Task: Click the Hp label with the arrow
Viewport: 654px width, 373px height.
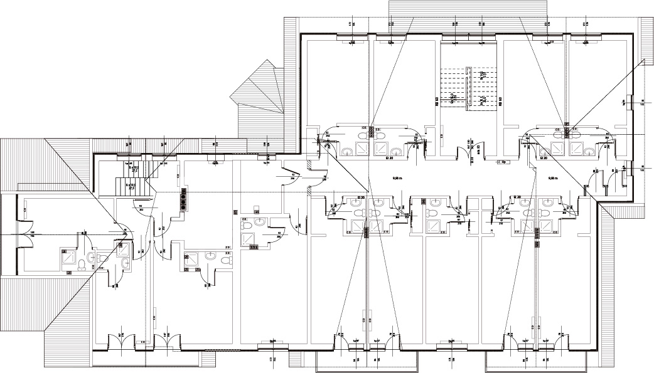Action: tap(503, 162)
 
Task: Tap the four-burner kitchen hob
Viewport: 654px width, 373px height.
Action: tap(184, 199)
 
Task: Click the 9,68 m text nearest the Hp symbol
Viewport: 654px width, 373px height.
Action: tap(553, 179)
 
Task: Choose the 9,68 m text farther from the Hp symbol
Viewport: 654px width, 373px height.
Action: tap(397, 179)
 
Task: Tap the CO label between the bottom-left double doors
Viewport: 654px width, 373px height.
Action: tap(143, 342)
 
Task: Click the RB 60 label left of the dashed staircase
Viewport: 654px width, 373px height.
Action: tap(437, 102)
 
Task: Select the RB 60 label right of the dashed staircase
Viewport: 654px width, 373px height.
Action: tap(501, 102)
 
